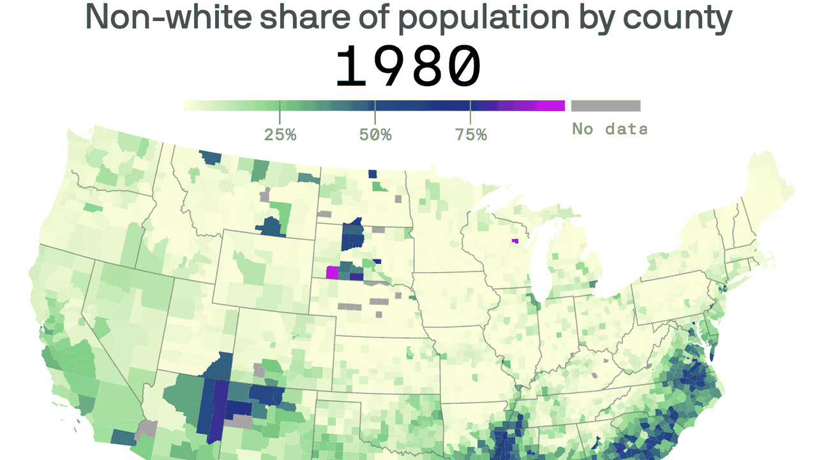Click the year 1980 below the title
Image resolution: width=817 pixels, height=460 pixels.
pyautogui.click(x=408, y=67)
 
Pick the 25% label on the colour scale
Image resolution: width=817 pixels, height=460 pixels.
pyautogui.click(x=280, y=135)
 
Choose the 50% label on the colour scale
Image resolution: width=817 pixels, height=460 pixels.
pyautogui.click(x=375, y=135)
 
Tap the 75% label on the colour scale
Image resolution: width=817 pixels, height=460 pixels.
pyautogui.click(x=471, y=135)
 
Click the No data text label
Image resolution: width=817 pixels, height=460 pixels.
pyautogui.click(x=609, y=129)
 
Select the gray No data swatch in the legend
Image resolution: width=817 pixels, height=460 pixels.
pyautogui.click(x=606, y=106)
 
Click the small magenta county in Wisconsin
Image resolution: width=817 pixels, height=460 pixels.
pyautogui.click(x=514, y=241)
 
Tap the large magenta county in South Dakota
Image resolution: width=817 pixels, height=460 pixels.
pyautogui.click(x=332, y=273)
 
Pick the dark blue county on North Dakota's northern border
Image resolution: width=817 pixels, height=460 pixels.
pyautogui.click(x=372, y=174)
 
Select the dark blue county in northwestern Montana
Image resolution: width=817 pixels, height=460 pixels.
pyautogui.click(x=210, y=157)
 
